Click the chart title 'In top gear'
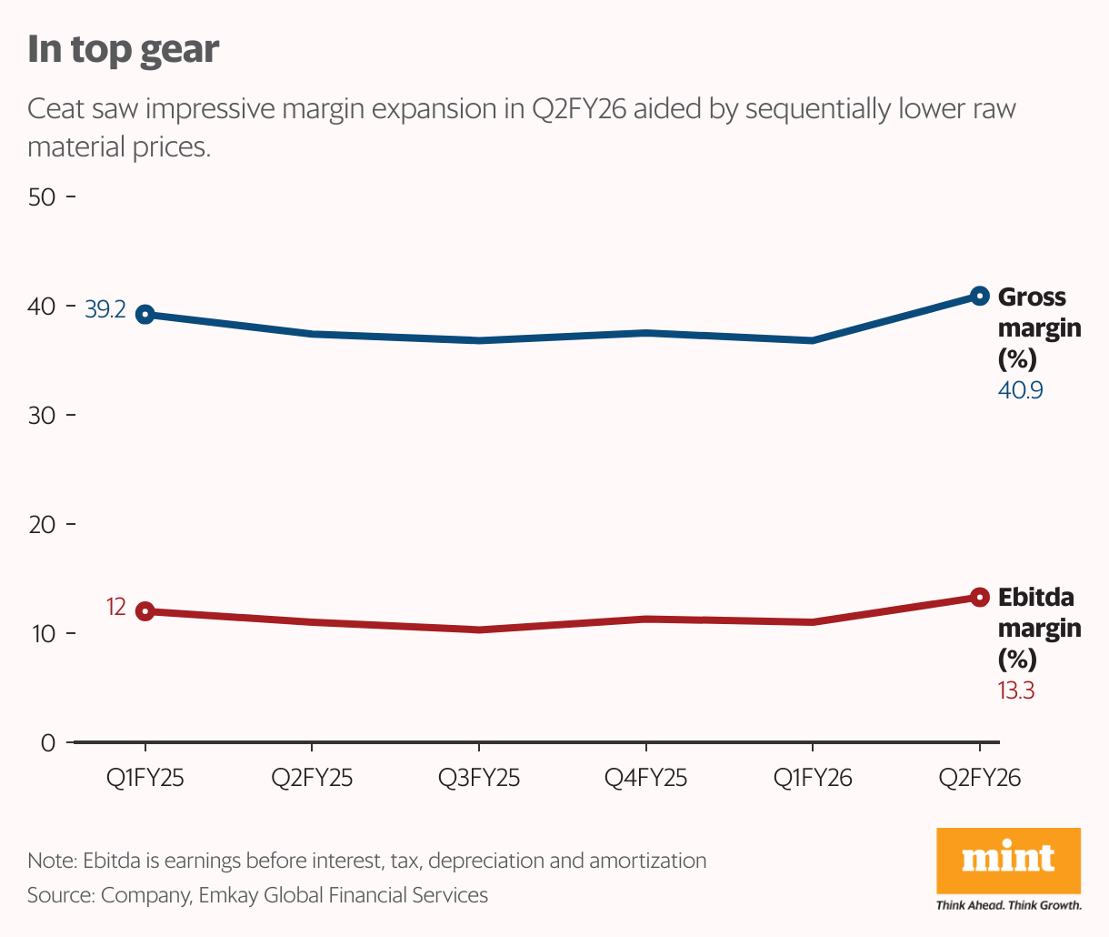[123, 49]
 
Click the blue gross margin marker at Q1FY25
[145, 315]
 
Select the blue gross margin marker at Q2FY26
[979, 296]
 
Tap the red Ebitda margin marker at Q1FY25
[145, 611]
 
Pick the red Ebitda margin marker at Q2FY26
[979, 597]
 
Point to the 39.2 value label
[105, 310]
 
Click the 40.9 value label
[1020, 390]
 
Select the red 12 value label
[115, 606]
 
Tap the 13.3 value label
[1016, 690]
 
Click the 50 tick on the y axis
[43, 196]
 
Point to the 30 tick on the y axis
[43, 415]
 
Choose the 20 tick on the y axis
[43, 525]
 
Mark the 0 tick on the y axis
[48, 743]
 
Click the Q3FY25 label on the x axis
[479, 779]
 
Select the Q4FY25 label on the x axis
[645, 779]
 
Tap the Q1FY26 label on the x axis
[813, 779]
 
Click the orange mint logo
[1008, 860]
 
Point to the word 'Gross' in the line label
[1032, 297]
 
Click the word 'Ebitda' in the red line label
[1035, 598]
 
